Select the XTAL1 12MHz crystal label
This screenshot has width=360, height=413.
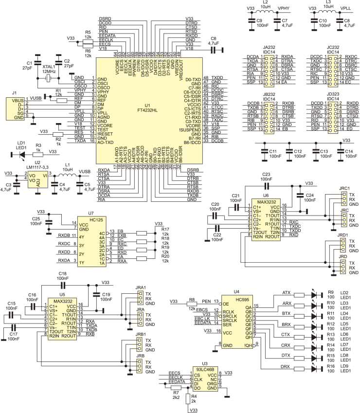pos(49,70)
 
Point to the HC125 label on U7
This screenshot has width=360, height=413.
pos(88,219)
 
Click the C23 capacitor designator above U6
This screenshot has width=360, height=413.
pos(266,174)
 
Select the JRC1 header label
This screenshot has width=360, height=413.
pos(344,188)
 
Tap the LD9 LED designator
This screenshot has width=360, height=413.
pos(345,366)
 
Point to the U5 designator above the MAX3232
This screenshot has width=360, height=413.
pos(62,295)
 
